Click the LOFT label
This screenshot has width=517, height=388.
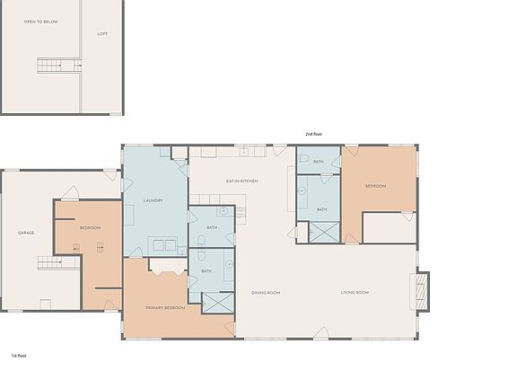[x=102, y=34]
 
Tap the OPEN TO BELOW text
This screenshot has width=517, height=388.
[x=40, y=22]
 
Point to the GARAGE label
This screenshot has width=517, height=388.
[x=26, y=233]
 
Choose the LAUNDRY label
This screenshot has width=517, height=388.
[x=153, y=200]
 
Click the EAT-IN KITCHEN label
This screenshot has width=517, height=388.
[x=241, y=181]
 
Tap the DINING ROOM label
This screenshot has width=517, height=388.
[x=266, y=293]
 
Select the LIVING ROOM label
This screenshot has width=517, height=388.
[x=355, y=293]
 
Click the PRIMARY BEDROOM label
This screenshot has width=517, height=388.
[x=165, y=308]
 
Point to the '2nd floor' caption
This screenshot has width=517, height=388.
[x=312, y=134]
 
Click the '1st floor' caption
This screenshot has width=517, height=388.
[x=19, y=356]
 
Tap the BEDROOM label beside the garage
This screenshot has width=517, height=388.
[x=90, y=228]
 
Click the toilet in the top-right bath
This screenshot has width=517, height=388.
[x=304, y=159]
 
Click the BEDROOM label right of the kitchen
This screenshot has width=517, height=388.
[x=375, y=186]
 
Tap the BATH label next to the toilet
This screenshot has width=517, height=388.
[x=318, y=162]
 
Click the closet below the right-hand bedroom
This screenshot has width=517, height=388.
[x=388, y=227]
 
